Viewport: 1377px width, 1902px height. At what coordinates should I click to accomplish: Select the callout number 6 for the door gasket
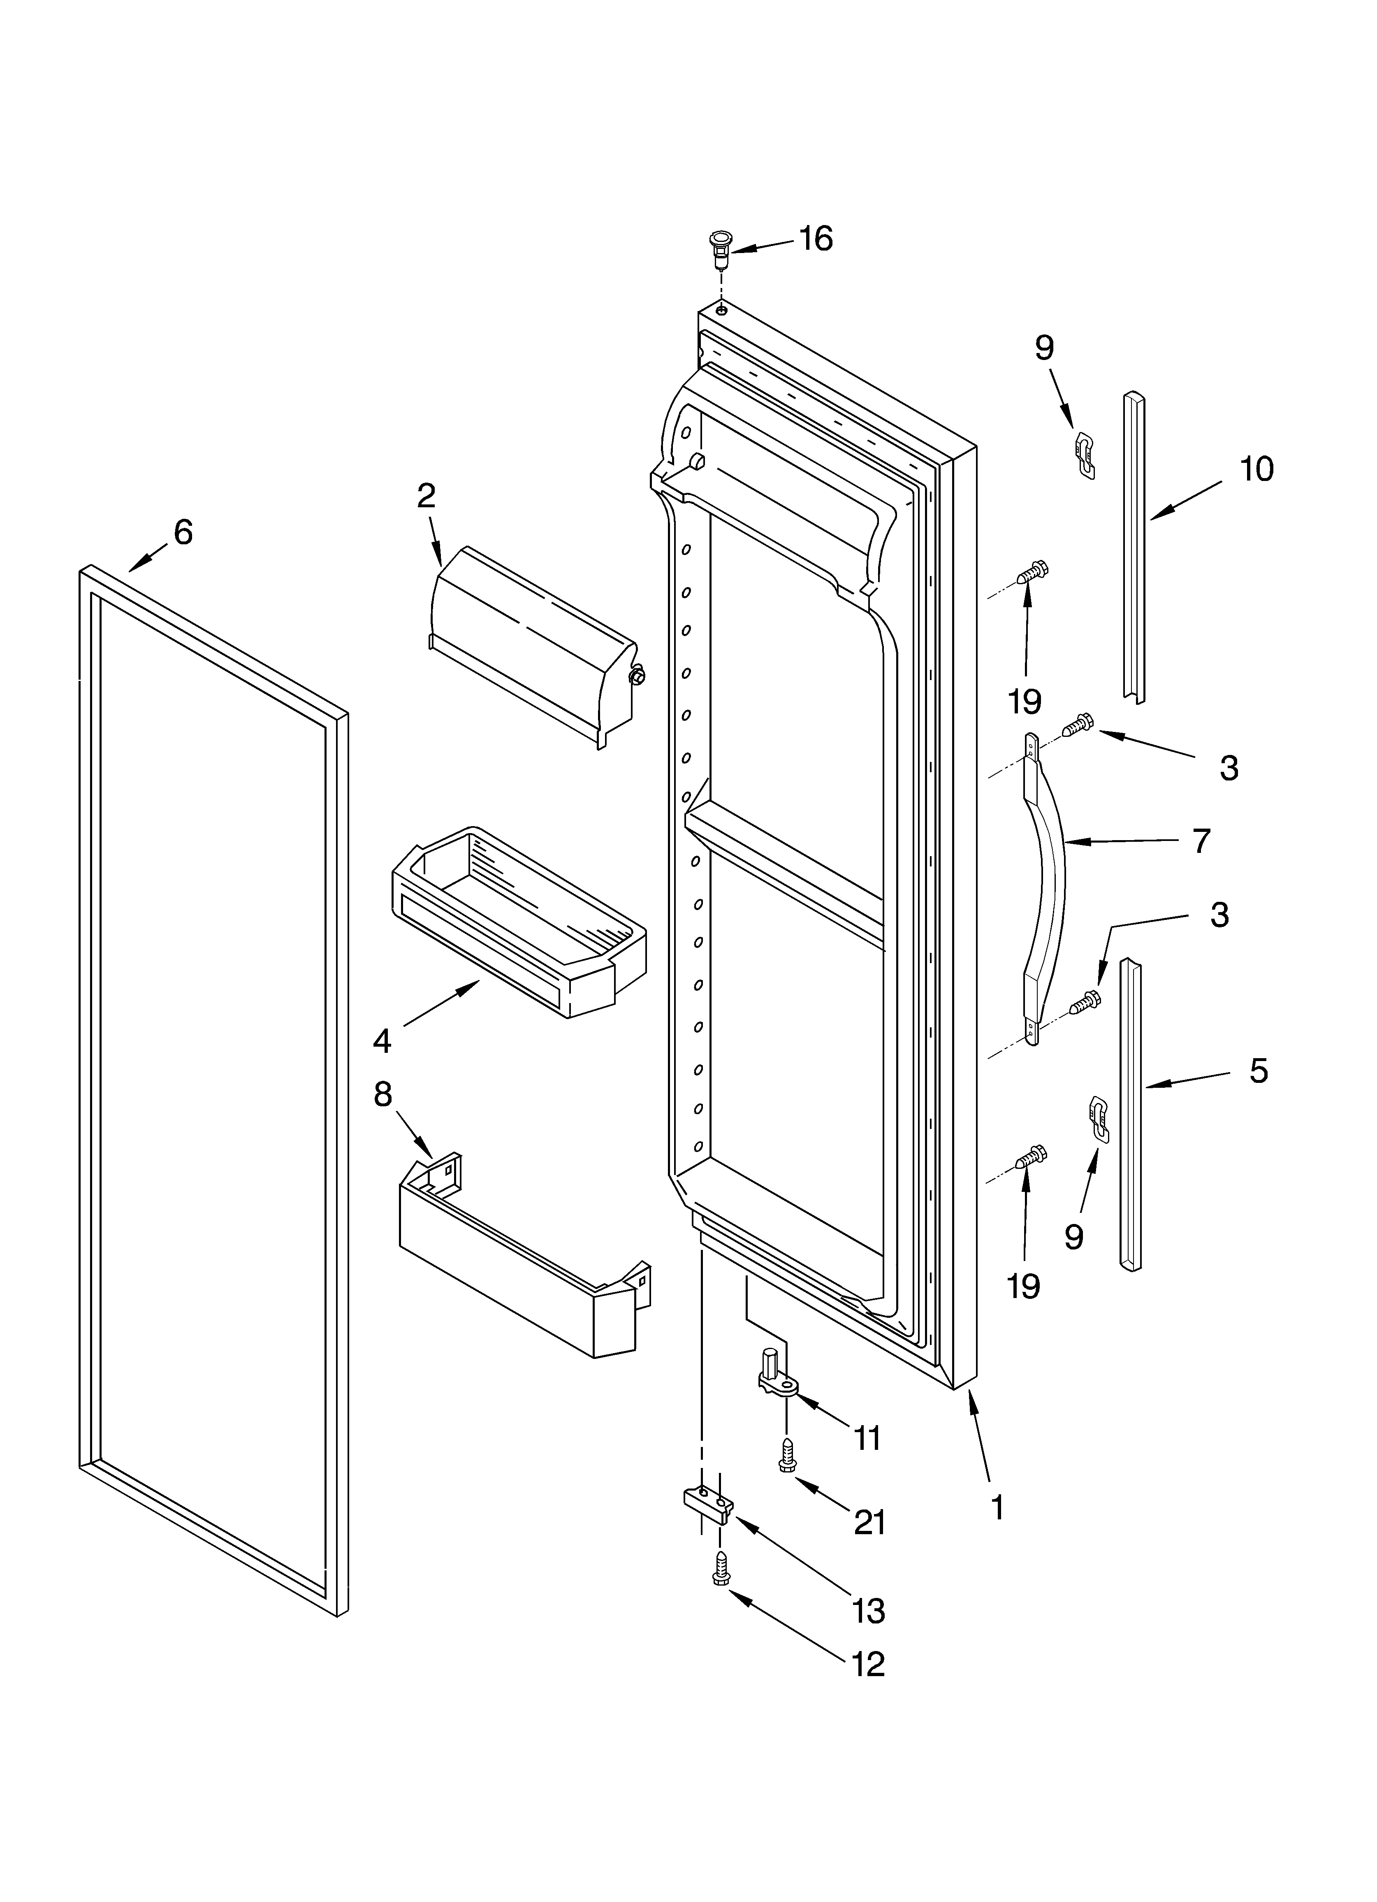point(183,532)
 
